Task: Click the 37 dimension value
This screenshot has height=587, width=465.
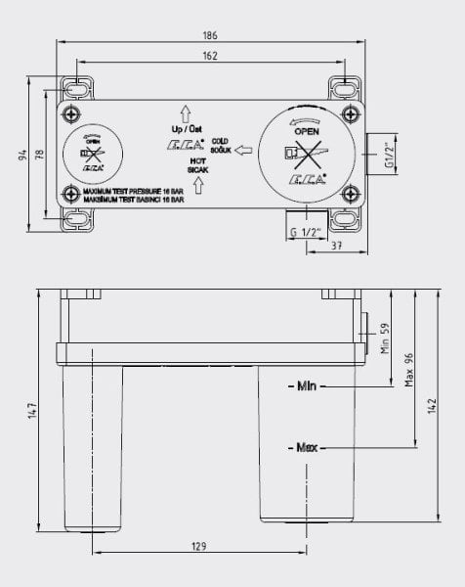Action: tap(335, 246)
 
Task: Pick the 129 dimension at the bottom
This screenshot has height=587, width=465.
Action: tap(198, 546)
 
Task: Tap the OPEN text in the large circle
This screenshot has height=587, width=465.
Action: tap(307, 131)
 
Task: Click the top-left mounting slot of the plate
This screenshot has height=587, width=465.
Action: tap(78, 88)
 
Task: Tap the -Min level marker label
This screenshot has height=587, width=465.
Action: tap(304, 388)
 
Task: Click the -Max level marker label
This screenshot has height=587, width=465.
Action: tap(305, 448)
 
